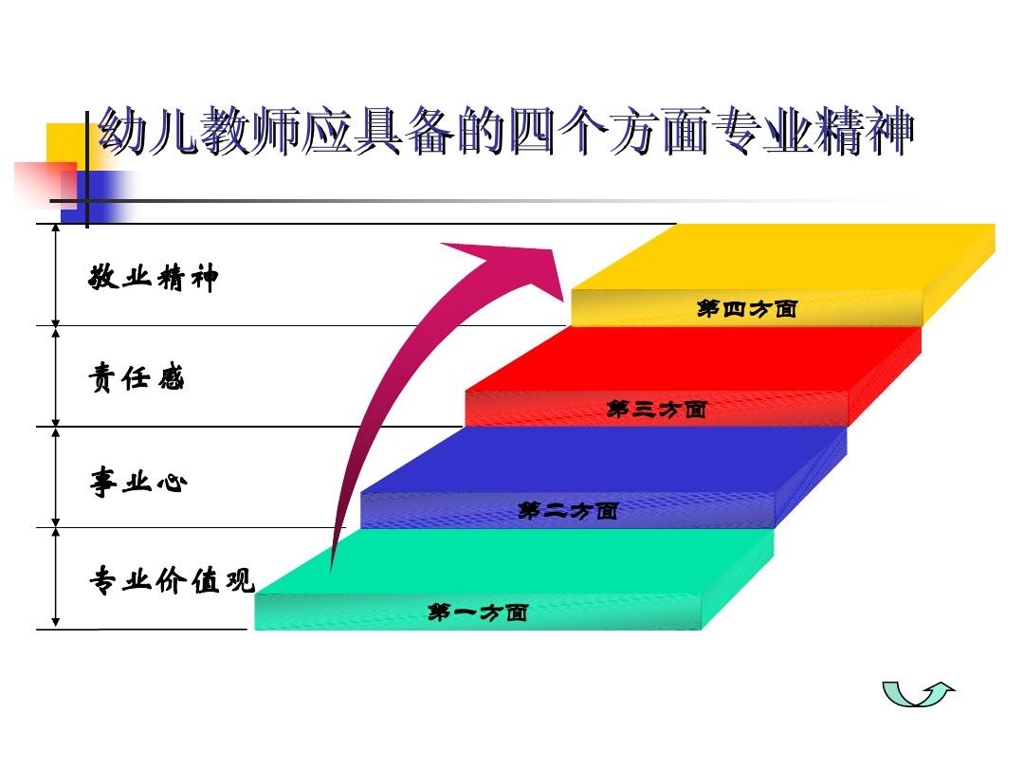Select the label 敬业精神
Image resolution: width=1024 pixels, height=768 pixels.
154,278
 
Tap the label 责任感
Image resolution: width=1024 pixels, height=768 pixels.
137,378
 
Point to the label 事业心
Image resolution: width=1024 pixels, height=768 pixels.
138,482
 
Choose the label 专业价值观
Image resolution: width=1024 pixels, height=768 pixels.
172,579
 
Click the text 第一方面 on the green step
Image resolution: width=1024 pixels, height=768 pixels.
478,613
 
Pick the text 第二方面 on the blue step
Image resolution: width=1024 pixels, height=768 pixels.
568,511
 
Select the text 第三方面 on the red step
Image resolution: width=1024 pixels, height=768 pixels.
656,410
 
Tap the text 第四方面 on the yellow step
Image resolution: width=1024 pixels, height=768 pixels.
746,308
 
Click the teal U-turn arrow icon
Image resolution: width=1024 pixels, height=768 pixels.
918,695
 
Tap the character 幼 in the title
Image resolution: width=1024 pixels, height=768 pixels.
121,133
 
